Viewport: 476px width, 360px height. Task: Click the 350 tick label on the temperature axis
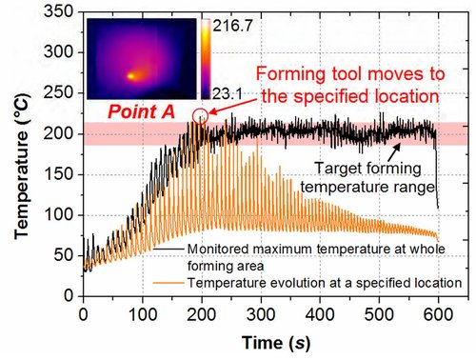[58, 11]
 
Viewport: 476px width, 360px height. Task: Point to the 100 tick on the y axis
[58, 215]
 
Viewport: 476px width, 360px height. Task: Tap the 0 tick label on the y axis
[69, 296]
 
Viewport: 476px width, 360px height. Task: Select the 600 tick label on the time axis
[438, 314]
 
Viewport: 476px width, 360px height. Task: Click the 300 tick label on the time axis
[261, 314]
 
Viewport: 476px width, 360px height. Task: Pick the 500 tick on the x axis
[379, 314]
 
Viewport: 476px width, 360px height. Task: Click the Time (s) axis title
[275, 343]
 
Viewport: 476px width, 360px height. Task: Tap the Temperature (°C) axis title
[22, 166]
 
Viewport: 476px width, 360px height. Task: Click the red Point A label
[141, 111]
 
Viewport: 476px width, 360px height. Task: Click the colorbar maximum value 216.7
[232, 26]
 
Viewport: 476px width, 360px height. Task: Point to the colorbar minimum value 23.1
[228, 93]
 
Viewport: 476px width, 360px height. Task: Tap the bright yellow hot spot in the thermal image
[130, 76]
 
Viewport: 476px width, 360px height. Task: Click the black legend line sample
[169, 249]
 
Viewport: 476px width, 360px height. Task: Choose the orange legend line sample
[169, 282]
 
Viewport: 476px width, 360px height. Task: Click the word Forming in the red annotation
[291, 74]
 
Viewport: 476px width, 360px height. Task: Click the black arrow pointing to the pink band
[394, 152]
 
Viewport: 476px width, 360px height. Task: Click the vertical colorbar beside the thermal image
[206, 59]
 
